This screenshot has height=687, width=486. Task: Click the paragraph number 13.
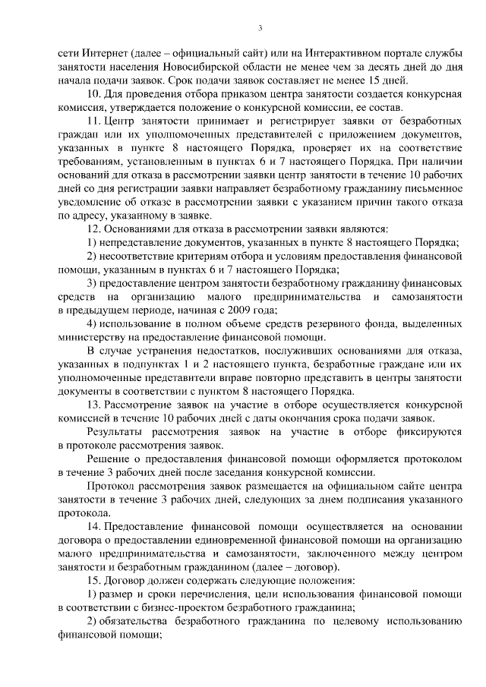click(93, 405)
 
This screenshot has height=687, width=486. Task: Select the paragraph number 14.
click(93, 528)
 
